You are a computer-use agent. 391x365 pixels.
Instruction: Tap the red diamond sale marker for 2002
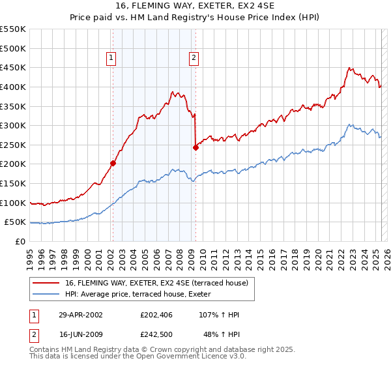113,164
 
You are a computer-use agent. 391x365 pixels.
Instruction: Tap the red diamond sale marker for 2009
195,147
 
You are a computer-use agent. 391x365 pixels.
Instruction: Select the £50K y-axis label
16,222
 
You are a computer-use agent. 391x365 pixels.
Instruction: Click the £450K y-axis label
14,67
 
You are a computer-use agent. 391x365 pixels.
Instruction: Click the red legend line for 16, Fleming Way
47,284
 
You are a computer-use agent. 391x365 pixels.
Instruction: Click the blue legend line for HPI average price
47,293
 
